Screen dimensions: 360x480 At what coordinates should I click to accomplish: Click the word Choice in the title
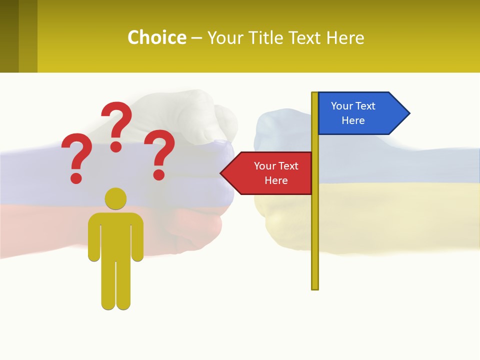[156, 37]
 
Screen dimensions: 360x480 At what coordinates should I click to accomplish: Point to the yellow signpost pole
[314, 225]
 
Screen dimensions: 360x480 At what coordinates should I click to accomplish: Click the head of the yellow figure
[115, 198]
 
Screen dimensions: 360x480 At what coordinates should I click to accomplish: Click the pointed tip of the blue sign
[408, 113]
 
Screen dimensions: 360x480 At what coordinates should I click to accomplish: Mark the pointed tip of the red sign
[221, 173]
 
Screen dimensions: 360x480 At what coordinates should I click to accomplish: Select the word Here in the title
[345, 37]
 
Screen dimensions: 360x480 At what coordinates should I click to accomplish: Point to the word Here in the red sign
[276, 180]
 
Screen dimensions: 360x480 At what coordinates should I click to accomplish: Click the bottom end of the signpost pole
[314, 287]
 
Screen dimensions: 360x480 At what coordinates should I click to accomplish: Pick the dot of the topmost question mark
[116, 146]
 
